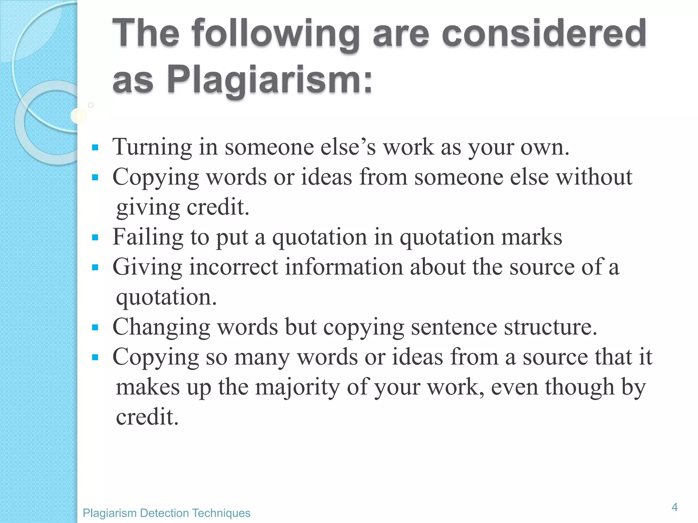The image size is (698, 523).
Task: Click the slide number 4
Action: (674, 507)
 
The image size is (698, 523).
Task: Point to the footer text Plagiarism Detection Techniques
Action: (166, 513)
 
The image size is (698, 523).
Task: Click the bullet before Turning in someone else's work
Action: (95, 148)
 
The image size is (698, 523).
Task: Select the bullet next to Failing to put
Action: (95, 237)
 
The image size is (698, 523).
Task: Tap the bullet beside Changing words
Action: (95, 328)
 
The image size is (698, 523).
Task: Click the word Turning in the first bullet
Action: (152, 147)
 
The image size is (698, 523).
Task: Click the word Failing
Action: (148, 237)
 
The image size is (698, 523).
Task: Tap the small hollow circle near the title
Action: (91, 105)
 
